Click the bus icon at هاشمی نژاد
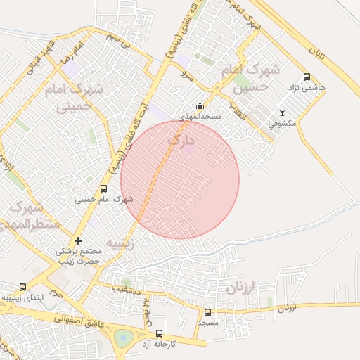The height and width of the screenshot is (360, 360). coord(306,77)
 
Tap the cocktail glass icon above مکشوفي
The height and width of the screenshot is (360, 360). coord(283,112)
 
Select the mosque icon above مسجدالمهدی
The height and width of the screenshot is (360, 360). coord(199,106)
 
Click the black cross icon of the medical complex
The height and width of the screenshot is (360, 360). coord(78,241)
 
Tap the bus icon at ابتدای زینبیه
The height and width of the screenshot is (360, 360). coord(23,287)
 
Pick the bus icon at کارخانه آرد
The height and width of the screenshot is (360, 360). coord(159,333)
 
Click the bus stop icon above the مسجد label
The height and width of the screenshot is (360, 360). coord(207,312)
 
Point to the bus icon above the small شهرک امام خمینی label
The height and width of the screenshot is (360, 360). coord(104,188)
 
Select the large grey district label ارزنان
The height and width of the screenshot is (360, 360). coord(244,288)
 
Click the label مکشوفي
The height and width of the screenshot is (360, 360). coord(283,123)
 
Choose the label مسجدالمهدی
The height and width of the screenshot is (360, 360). coord(200,116)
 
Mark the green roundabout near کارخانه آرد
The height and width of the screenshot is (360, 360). coord(124,338)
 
